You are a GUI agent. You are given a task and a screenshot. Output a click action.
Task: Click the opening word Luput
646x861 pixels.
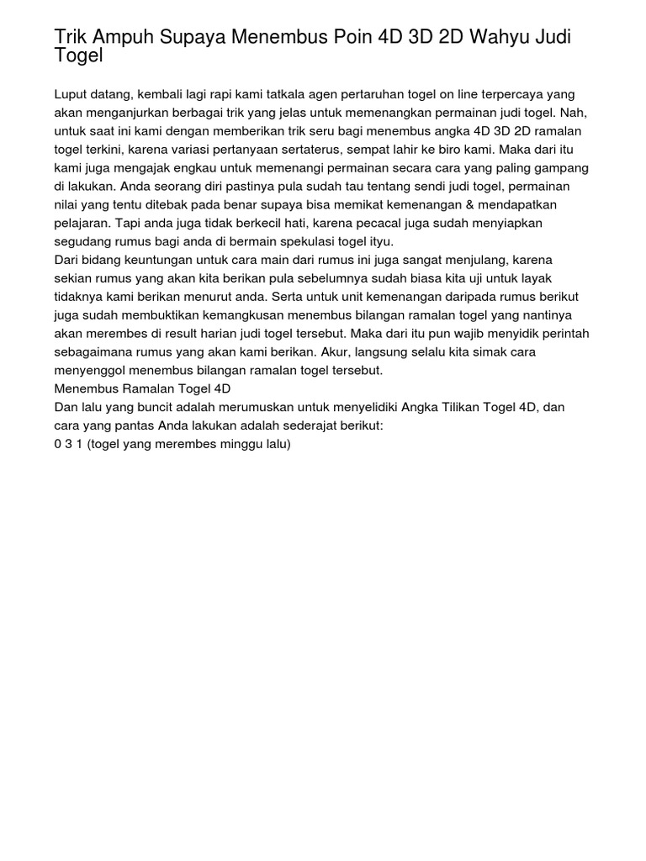[x=71, y=95]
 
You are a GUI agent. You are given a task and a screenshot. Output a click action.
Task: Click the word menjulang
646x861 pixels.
[x=509, y=260]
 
